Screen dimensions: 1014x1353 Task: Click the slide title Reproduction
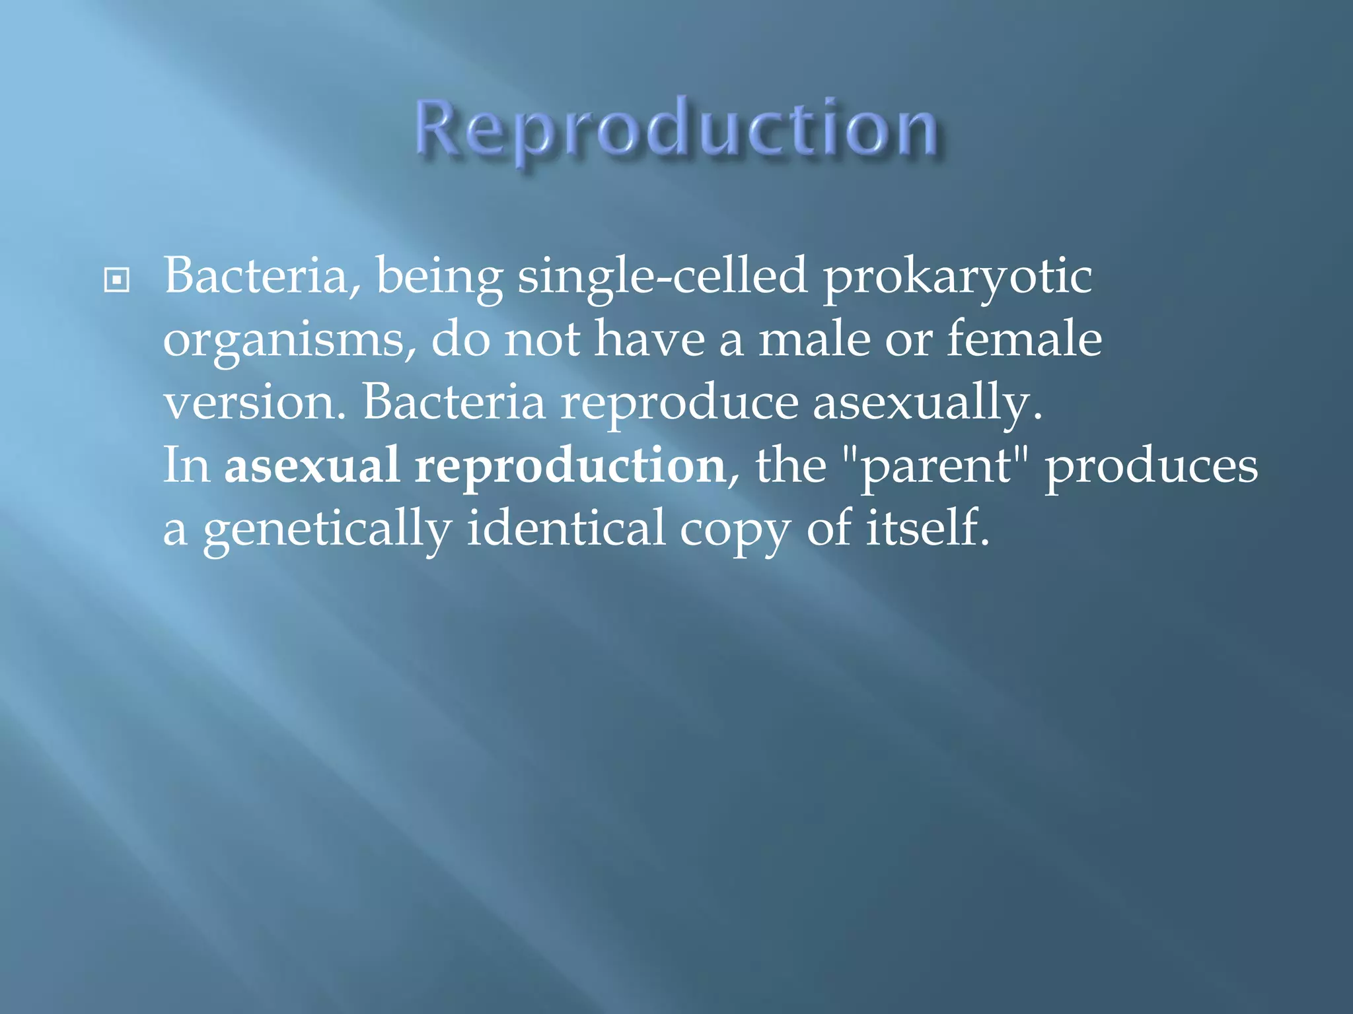[x=676, y=129]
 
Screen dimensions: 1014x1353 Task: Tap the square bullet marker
[x=117, y=281]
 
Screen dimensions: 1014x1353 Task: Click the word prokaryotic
[x=957, y=277]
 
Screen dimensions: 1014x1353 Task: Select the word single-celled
[x=662, y=277]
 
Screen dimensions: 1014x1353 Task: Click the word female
[x=1024, y=339]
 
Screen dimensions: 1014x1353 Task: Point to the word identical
[x=566, y=528]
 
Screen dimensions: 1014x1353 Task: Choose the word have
[x=650, y=339]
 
